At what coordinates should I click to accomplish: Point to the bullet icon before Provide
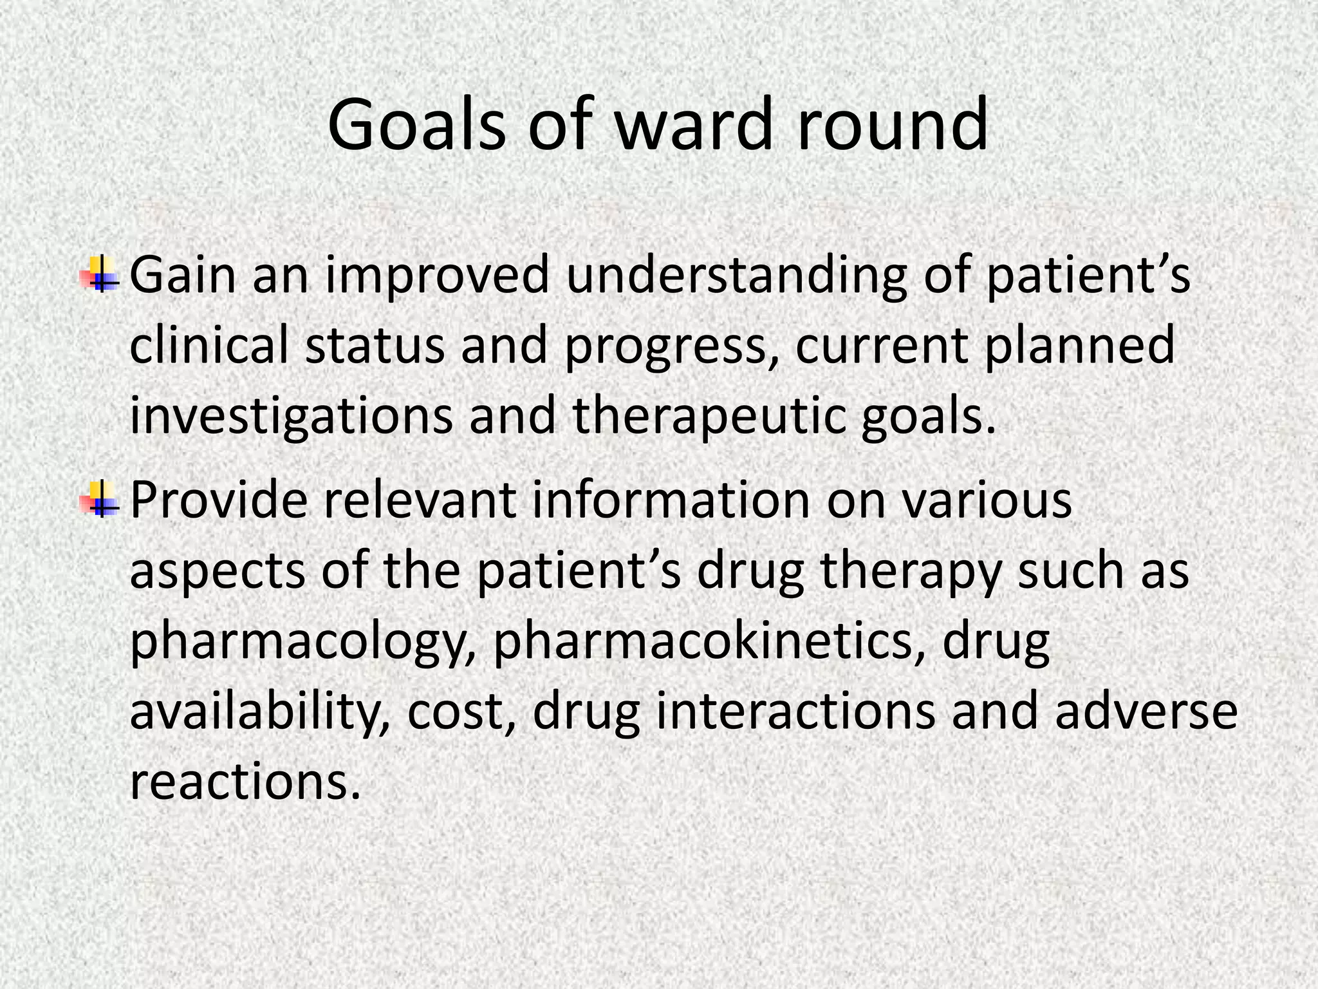(100, 499)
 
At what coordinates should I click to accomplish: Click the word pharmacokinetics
(709, 641)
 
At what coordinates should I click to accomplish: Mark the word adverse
(1146, 711)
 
